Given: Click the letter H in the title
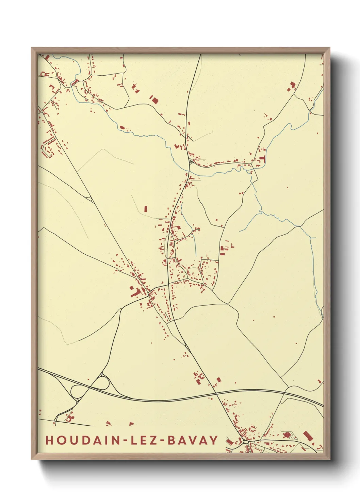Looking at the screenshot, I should pos(49,440).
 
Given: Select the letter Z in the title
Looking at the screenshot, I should pos(153,440).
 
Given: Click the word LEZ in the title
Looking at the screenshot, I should pos(143,440).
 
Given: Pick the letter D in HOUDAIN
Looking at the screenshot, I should pos(82,440).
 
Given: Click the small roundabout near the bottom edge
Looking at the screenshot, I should pos(246,442).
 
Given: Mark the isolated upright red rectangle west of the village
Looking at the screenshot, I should pos(146,209).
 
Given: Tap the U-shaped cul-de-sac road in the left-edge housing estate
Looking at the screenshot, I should pos(48,148).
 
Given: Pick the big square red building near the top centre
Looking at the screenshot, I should pos(155,100).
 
